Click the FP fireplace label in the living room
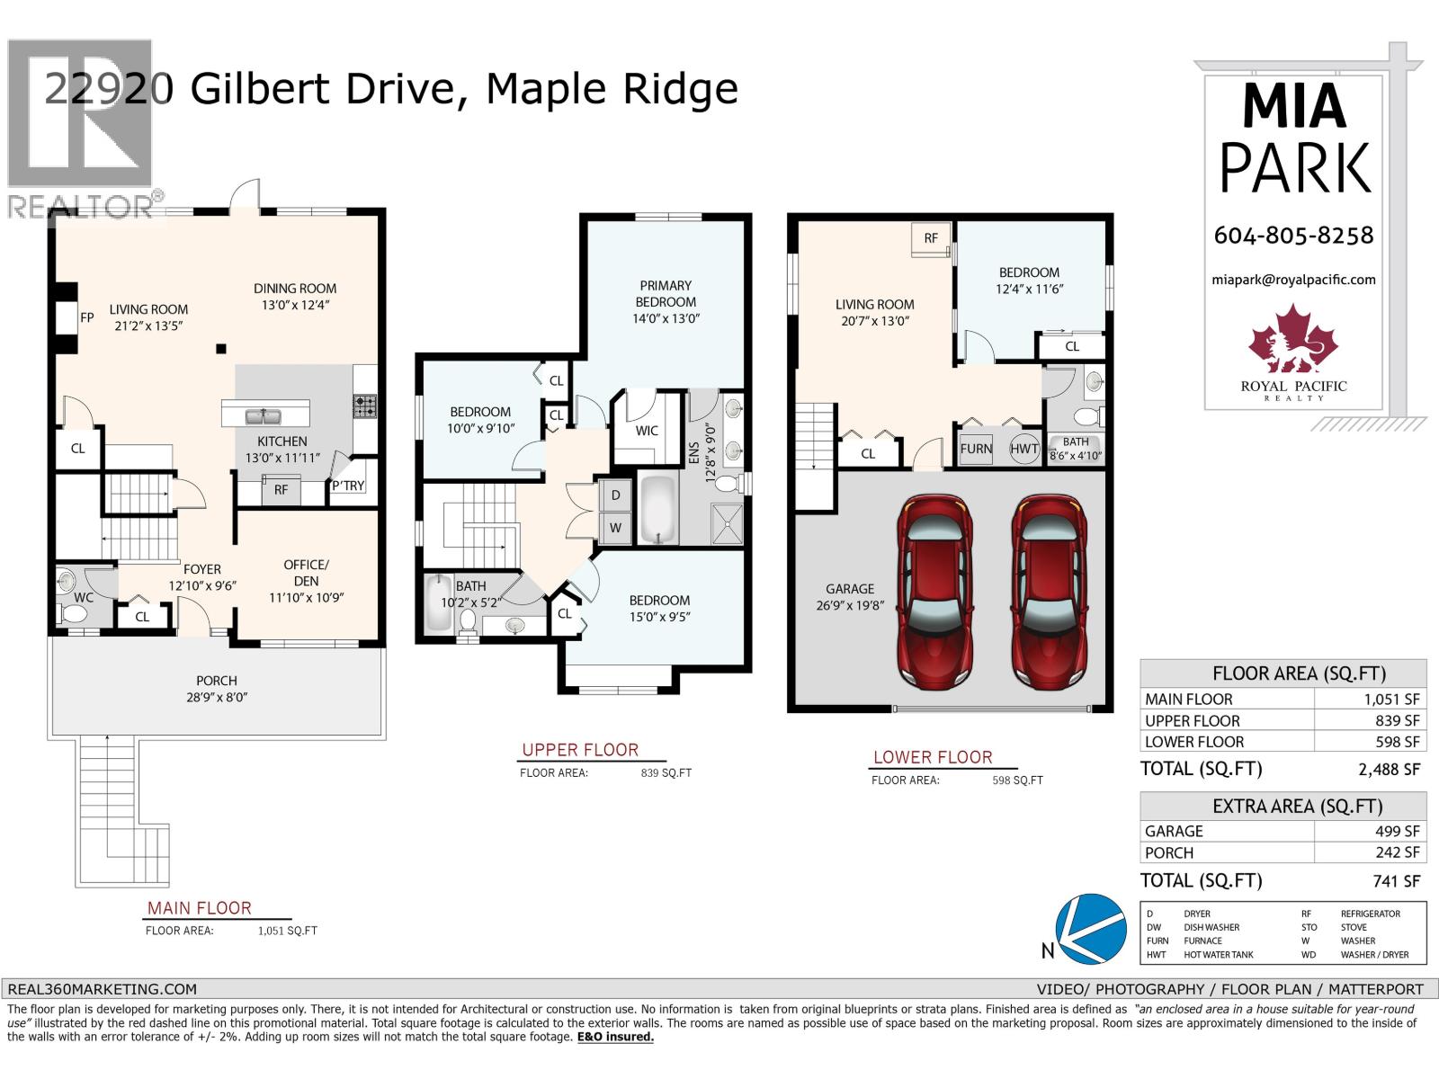click(87, 317)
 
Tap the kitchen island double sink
click(265, 415)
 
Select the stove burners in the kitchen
click(364, 406)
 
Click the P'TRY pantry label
click(348, 486)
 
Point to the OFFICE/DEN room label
click(306, 580)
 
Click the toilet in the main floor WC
click(74, 613)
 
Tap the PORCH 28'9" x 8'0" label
click(217, 688)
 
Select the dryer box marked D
click(615, 495)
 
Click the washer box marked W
click(615, 528)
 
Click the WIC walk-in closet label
click(647, 431)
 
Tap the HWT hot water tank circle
click(1024, 449)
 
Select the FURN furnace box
click(976, 449)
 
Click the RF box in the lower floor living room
click(931, 238)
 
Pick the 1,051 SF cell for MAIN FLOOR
click(1397, 699)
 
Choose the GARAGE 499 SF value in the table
click(1397, 831)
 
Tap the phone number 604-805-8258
click(1293, 235)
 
